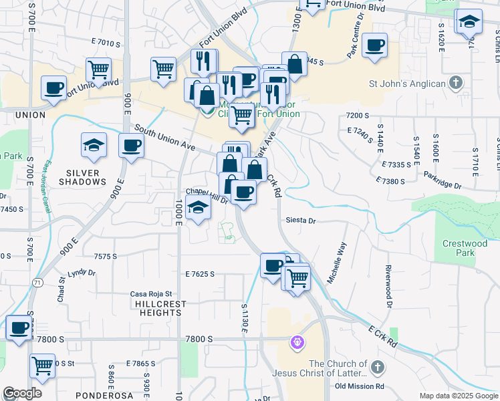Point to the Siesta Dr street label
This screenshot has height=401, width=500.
click(300, 220)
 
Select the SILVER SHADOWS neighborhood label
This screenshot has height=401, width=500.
click(83, 177)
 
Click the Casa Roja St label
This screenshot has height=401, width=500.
click(151, 294)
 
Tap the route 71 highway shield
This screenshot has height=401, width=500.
click(38, 283)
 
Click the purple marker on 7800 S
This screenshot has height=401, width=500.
click(297, 343)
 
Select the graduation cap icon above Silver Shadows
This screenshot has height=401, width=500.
click(94, 144)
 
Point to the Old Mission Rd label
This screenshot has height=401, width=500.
click(360, 386)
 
